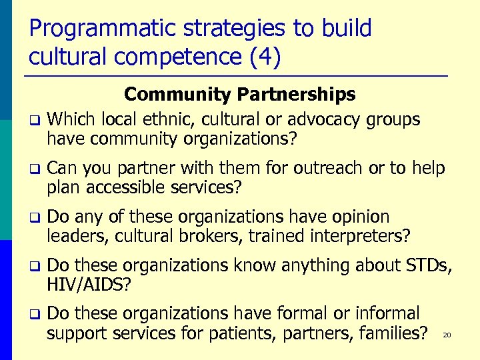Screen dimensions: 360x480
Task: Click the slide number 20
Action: point(447,335)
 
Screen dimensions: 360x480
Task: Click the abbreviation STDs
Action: point(429,266)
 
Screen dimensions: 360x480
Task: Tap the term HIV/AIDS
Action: point(89,285)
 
